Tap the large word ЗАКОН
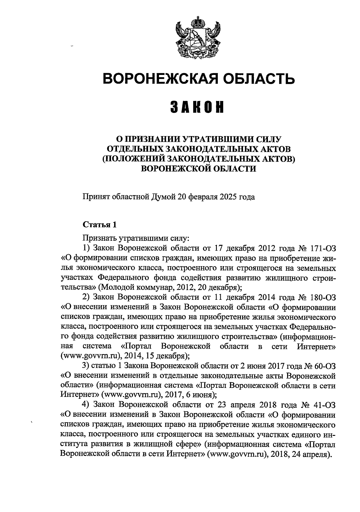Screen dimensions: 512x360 pos(198,107)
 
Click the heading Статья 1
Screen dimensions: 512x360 pos(99,225)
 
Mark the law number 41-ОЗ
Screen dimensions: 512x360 pos(325,405)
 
